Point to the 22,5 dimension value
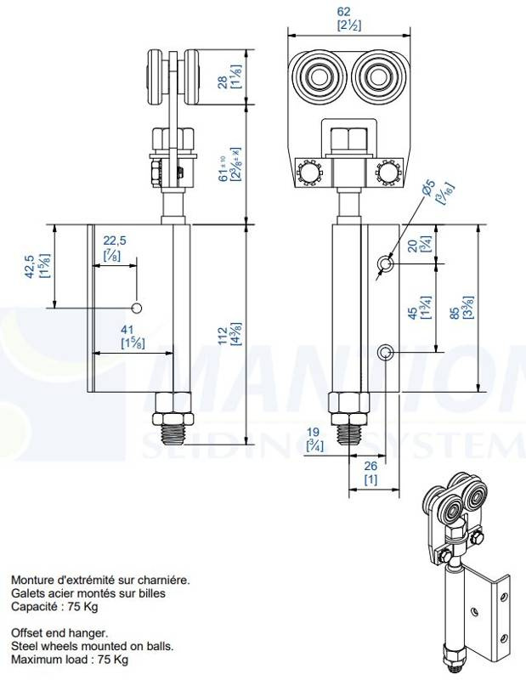(x=115, y=241)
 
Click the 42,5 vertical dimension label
(x=28, y=266)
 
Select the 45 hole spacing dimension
(x=414, y=312)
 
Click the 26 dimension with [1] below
(x=370, y=465)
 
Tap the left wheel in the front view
(x=320, y=77)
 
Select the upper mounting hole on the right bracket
(x=385, y=265)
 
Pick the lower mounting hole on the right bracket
(x=385, y=352)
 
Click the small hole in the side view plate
(x=136, y=307)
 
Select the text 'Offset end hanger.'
(x=59, y=633)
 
